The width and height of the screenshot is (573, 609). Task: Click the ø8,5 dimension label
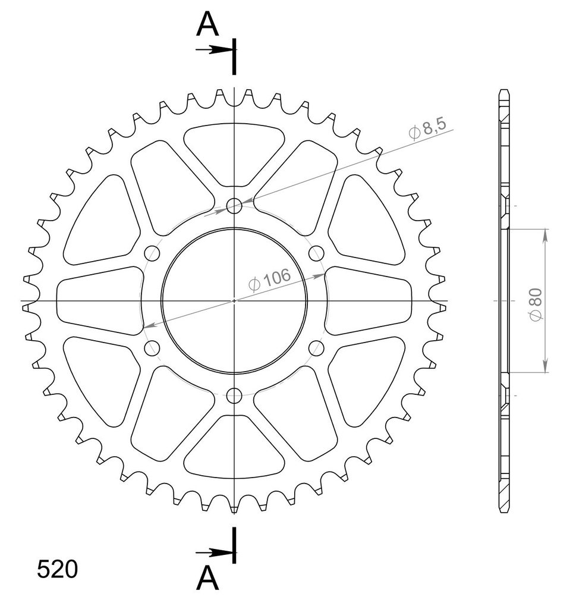(x=428, y=128)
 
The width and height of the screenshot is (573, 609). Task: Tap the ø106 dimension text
(x=269, y=280)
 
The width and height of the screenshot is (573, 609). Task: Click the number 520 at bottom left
(x=58, y=570)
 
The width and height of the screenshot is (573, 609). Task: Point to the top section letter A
(x=207, y=24)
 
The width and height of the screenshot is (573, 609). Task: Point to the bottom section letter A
(x=207, y=577)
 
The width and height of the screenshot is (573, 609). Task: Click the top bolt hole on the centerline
(x=234, y=205)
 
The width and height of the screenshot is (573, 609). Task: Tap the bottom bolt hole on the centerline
(x=234, y=395)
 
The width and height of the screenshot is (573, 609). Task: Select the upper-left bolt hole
(x=152, y=253)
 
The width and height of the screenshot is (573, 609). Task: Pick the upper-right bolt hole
(x=316, y=253)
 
